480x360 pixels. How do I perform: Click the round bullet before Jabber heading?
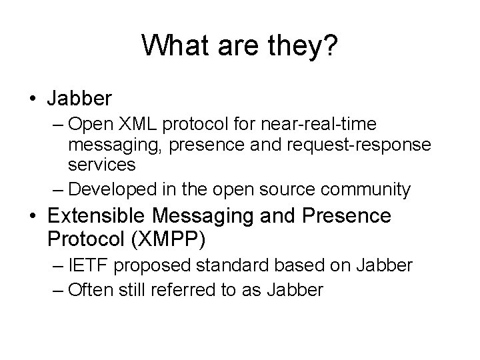point(32,99)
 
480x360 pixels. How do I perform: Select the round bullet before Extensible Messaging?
point(32,217)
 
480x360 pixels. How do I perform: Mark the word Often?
point(89,289)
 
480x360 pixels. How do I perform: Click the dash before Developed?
point(58,189)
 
